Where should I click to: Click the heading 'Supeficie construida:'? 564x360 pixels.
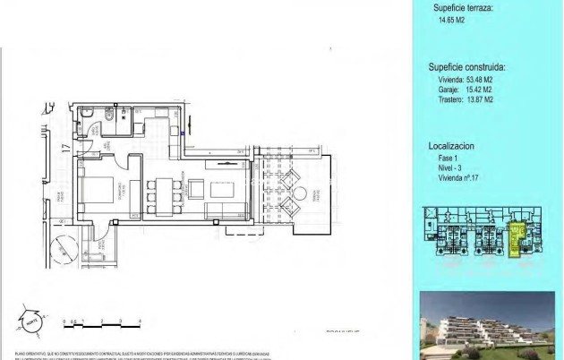[467, 66]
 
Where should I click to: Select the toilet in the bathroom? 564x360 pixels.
[107, 116]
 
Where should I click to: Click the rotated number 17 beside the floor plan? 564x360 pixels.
[66, 150]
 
